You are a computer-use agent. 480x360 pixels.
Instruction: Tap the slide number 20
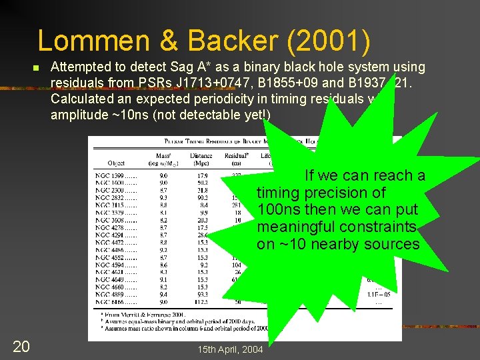21,346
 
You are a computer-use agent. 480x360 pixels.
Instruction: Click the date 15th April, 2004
230,350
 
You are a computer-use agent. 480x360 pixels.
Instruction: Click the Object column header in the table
115,163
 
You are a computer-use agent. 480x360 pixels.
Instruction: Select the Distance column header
200,156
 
